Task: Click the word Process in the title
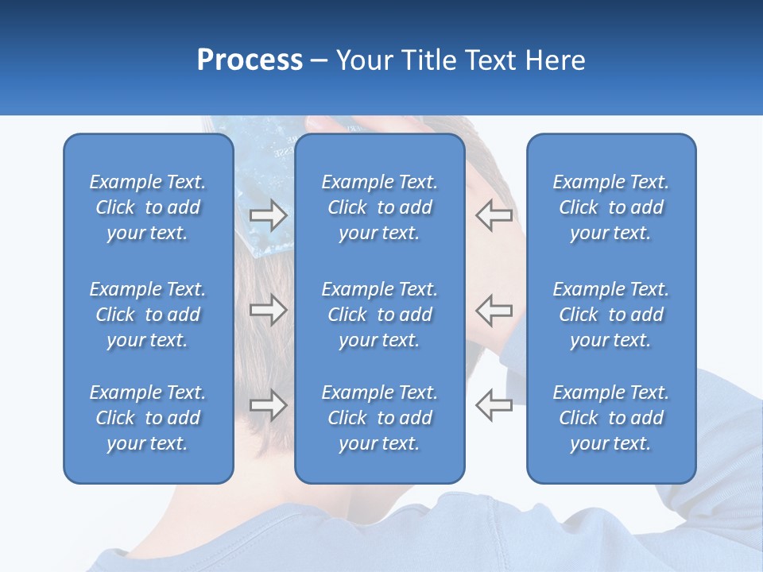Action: (x=250, y=60)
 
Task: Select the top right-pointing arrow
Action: (x=268, y=214)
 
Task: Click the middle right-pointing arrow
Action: (x=268, y=310)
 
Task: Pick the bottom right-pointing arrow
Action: (x=268, y=405)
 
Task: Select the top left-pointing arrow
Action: (x=494, y=214)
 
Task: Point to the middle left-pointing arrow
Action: (x=494, y=310)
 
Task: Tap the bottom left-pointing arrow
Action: (x=494, y=405)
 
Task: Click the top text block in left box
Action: (x=148, y=207)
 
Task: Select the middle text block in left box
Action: (x=148, y=315)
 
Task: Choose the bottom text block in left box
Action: (x=148, y=418)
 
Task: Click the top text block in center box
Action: (x=379, y=207)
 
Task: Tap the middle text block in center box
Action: (x=379, y=315)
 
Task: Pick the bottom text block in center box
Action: (x=379, y=418)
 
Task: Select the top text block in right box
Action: (x=610, y=207)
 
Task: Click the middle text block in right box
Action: (x=610, y=315)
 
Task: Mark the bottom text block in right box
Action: (x=610, y=418)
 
